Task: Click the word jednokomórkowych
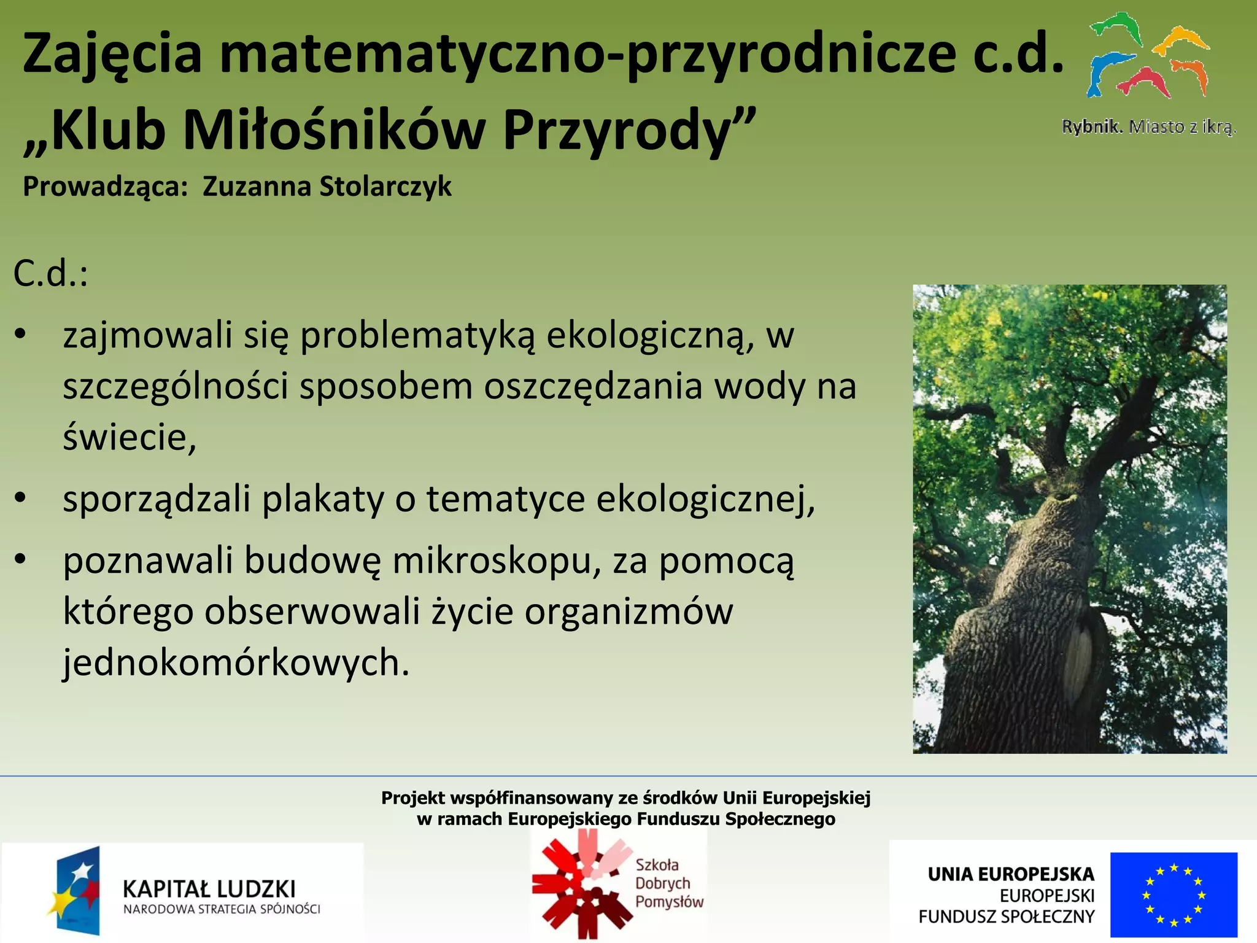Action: click(236, 663)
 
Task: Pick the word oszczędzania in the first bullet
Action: click(593, 387)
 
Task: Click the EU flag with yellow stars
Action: click(1173, 894)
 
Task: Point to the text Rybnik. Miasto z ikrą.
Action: click(1148, 127)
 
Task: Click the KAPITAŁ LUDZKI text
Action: click(209, 889)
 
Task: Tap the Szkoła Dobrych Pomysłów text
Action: click(668, 883)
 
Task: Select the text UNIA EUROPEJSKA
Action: click(1010, 874)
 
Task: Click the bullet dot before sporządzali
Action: click(21, 499)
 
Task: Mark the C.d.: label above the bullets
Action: click(50, 274)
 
